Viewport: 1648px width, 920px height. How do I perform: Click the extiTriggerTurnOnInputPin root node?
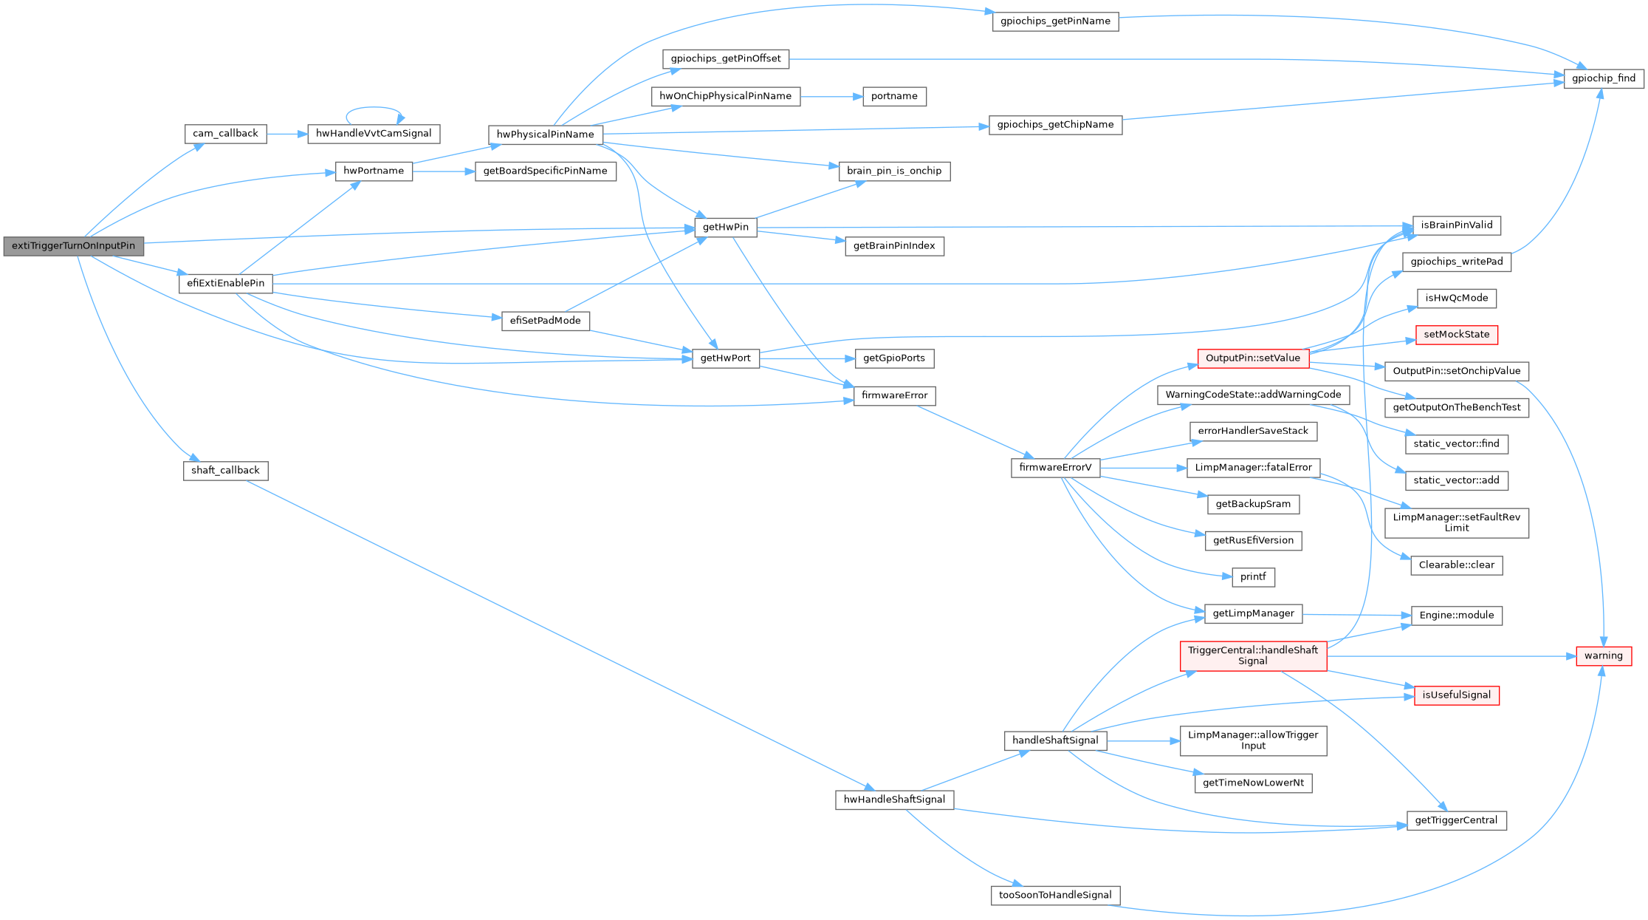(73, 246)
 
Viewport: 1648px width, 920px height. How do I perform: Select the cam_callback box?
(225, 134)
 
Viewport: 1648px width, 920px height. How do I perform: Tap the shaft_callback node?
(225, 471)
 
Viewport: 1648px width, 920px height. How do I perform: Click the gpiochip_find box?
(1604, 78)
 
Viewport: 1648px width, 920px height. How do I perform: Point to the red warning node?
(1603, 656)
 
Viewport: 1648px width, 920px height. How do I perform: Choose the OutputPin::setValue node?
(1252, 358)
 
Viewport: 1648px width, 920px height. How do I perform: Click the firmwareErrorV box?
(1055, 468)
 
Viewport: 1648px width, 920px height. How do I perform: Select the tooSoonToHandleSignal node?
(1055, 896)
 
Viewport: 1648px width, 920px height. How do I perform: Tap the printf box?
(1253, 577)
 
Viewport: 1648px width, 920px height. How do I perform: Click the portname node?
(894, 97)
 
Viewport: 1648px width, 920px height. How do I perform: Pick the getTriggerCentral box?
(1456, 820)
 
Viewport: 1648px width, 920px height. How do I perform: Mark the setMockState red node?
(1456, 335)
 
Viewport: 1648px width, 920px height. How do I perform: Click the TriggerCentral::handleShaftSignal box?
(1252, 656)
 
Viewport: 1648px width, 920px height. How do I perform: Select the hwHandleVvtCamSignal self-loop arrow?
(375, 109)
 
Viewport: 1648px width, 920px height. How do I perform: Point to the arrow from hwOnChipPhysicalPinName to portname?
(831, 97)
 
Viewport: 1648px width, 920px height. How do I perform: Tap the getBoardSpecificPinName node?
(545, 171)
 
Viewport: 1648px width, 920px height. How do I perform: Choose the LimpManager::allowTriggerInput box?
(1252, 740)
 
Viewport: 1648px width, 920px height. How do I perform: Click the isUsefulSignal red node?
(1456, 695)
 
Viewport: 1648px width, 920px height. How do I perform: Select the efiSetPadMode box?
(545, 321)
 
